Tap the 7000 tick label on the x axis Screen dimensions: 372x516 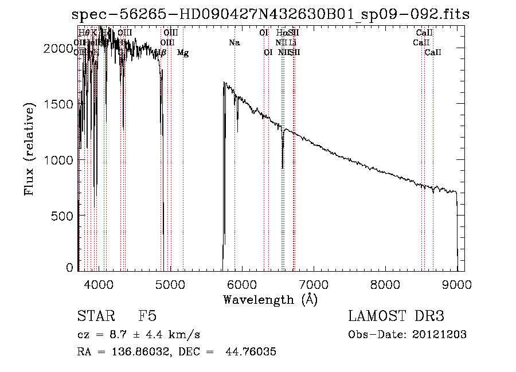314,284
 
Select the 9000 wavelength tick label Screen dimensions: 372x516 457,284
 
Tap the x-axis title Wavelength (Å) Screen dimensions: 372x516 270,299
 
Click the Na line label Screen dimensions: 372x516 234,42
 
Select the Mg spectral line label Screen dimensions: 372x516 183,53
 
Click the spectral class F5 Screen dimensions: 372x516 147,317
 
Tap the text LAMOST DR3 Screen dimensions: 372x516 396,317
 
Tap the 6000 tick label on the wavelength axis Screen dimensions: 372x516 242,284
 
